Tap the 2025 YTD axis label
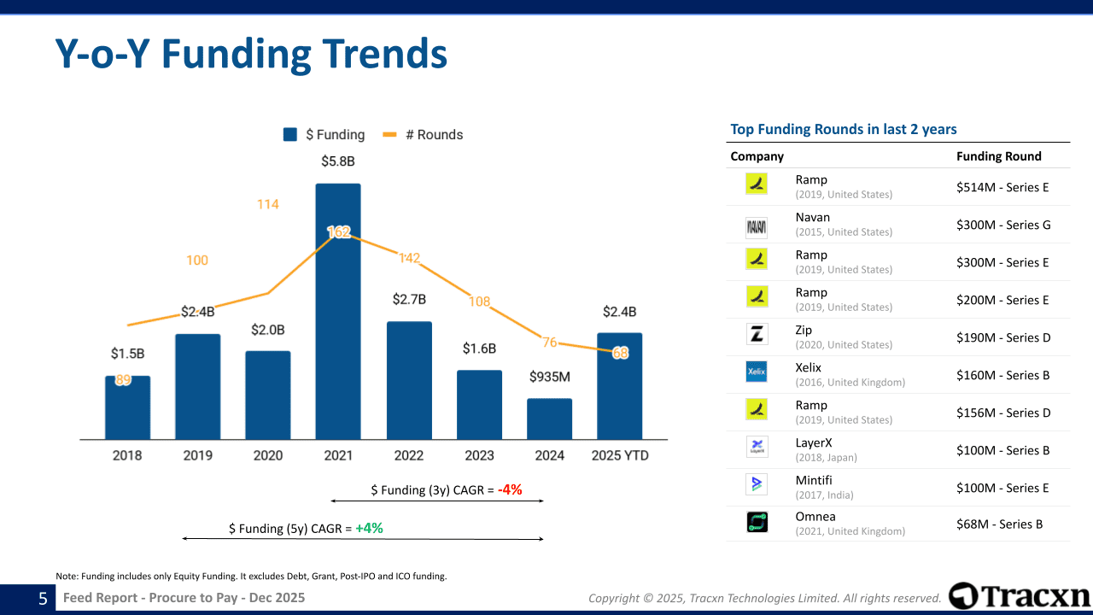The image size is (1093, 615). click(620, 455)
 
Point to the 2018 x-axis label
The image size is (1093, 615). click(128, 455)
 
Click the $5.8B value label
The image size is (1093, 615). click(338, 161)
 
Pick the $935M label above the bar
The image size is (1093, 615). click(549, 377)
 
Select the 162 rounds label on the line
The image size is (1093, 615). click(339, 231)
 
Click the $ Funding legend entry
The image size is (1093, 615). click(324, 135)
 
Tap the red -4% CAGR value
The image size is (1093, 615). click(511, 490)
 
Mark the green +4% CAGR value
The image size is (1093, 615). click(369, 529)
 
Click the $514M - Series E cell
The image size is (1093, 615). click(1002, 187)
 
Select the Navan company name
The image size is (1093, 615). click(812, 217)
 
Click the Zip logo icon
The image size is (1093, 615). click(757, 334)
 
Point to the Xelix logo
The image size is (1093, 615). click(757, 372)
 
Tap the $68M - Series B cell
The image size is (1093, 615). click(999, 524)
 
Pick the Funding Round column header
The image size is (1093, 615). click(998, 156)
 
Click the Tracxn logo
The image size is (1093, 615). click(1020, 596)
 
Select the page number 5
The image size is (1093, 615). click(43, 599)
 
